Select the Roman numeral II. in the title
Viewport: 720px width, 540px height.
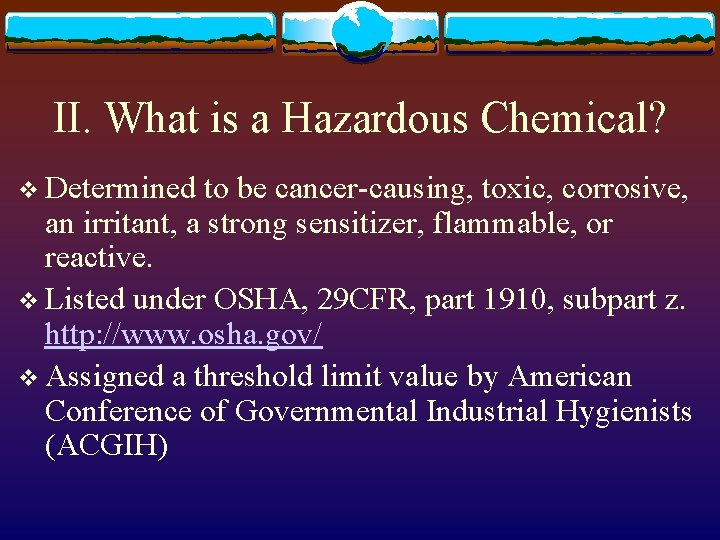point(74,119)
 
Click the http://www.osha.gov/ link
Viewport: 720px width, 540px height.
point(184,335)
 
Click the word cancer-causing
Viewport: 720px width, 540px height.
point(372,187)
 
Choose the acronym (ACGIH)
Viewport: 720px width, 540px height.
point(106,447)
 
